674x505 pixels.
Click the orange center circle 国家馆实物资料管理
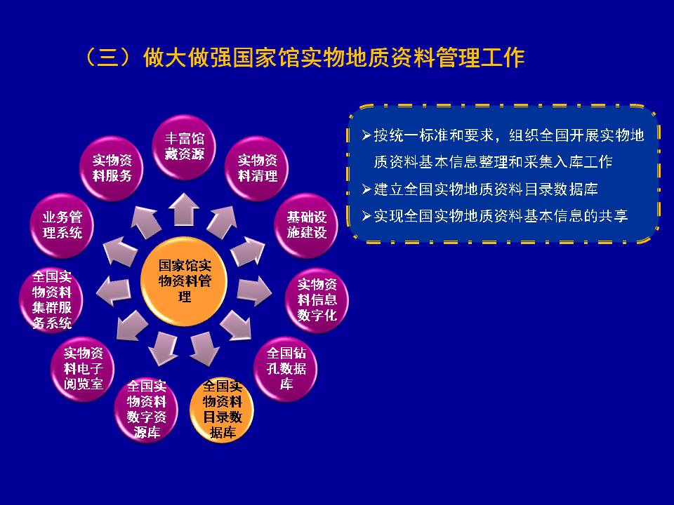185,281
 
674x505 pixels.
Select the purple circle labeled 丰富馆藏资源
185,147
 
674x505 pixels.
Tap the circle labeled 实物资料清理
257,168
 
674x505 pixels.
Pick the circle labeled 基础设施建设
306,225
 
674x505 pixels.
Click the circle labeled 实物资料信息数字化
317,299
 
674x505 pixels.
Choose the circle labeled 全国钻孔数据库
286,368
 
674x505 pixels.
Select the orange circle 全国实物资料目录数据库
223,409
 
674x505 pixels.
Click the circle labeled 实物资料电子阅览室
83,368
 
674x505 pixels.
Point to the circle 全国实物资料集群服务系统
51,299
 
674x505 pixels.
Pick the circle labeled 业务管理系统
62,225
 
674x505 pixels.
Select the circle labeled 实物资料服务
112,168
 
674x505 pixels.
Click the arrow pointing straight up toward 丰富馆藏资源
184,209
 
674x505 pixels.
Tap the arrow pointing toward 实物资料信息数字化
254,292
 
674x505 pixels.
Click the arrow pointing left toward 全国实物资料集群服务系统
114,292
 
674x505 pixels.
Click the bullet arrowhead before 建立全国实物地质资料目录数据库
366,189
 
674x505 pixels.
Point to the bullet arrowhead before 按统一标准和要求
366,135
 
